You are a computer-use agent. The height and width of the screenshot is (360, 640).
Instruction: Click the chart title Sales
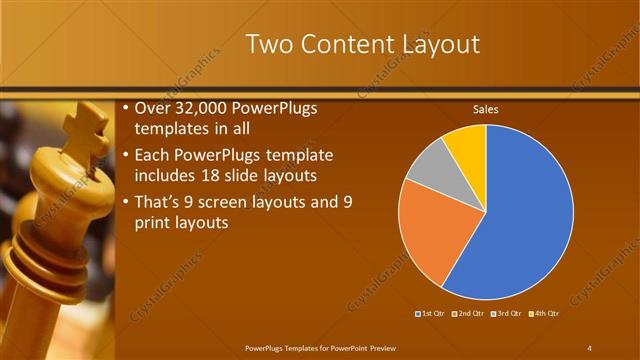[485, 109]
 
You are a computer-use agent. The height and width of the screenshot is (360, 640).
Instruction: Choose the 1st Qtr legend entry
[433, 315]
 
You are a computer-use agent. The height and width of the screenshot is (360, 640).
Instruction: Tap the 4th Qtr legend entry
[543, 315]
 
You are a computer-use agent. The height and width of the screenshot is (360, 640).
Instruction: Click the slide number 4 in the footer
[590, 347]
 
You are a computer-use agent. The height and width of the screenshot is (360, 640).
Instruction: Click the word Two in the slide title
[267, 45]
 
